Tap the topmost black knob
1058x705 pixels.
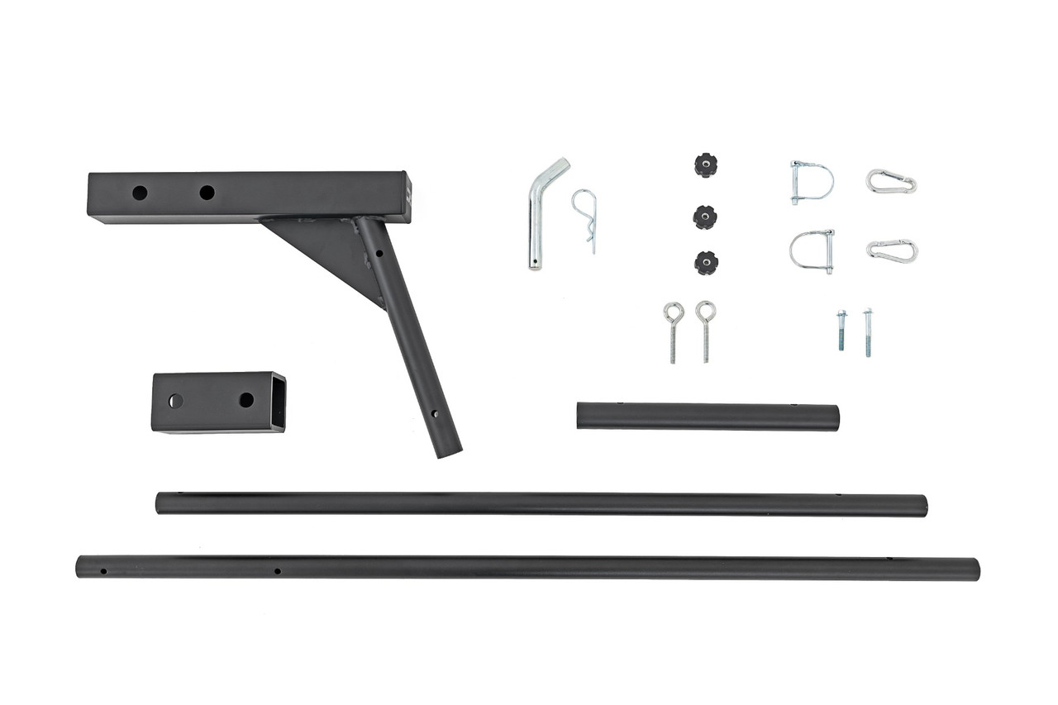705,164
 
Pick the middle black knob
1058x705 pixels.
705,217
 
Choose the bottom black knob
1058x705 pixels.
706,263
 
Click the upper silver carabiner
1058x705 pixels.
891,181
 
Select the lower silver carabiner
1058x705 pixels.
892,251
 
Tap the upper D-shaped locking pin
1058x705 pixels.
811,181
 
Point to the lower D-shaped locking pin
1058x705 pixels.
812,250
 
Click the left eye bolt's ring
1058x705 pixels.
674,312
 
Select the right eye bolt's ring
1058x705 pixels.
705,311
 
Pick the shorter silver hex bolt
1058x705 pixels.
841,330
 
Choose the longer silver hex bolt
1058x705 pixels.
868,332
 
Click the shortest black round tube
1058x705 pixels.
708,417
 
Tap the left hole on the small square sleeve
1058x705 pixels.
175,401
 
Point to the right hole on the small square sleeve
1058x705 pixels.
246,400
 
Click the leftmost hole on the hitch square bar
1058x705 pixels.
140,193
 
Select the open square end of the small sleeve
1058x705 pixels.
279,402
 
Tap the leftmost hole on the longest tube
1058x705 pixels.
103,570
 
